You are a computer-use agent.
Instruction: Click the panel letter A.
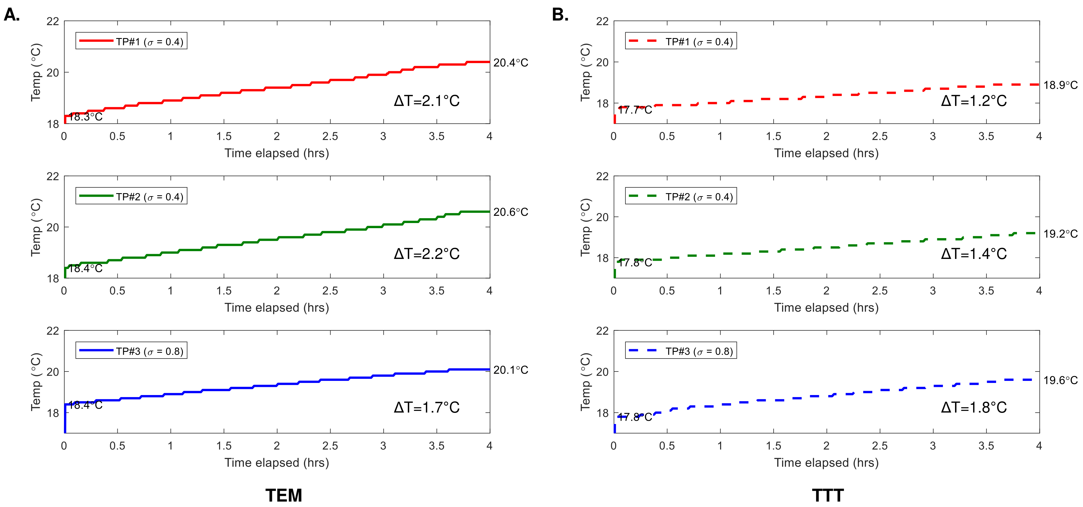12,15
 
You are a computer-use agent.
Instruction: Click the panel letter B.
560,15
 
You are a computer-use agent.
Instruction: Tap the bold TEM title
284,495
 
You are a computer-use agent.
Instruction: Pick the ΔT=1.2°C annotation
974,101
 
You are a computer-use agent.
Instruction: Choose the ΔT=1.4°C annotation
974,254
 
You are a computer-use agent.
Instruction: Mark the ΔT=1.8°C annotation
974,407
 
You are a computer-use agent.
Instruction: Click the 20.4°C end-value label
510,63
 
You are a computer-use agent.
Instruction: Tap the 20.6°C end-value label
510,212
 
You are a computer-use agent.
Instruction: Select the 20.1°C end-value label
510,370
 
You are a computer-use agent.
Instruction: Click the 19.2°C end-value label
1060,234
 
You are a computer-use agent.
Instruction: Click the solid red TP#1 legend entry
131,41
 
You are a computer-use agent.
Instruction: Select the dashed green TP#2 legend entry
681,196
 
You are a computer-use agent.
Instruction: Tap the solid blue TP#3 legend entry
131,351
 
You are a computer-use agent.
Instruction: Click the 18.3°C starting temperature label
86,117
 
